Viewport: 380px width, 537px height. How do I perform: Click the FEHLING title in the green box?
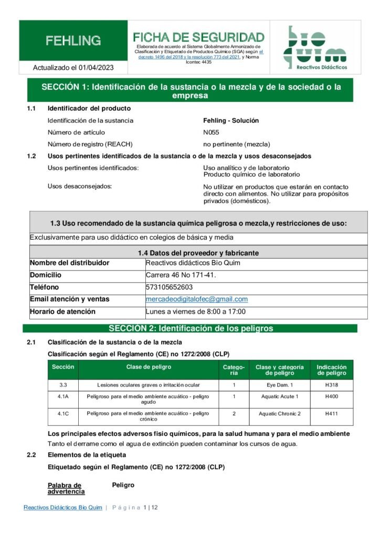(x=73, y=40)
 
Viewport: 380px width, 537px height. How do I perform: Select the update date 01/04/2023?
(x=96, y=68)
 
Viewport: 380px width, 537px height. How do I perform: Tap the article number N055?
(x=211, y=132)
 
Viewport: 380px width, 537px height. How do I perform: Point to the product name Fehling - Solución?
(x=231, y=121)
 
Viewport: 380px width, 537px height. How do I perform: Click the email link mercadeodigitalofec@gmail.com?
(x=197, y=299)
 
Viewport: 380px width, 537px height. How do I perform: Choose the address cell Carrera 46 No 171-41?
(x=181, y=275)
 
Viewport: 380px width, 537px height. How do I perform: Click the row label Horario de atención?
(x=62, y=312)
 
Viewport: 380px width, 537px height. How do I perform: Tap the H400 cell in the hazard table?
(x=332, y=396)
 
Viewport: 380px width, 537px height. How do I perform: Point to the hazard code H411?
(x=332, y=414)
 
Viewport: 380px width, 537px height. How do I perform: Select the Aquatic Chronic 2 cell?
(x=280, y=414)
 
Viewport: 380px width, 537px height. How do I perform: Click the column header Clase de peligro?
(x=149, y=367)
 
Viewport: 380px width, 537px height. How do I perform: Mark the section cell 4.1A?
(x=63, y=396)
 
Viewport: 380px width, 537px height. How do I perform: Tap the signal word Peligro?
(x=123, y=485)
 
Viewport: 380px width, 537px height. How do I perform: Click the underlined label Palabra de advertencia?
(x=66, y=488)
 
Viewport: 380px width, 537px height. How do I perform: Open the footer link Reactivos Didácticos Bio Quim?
(x=63, y=508)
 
